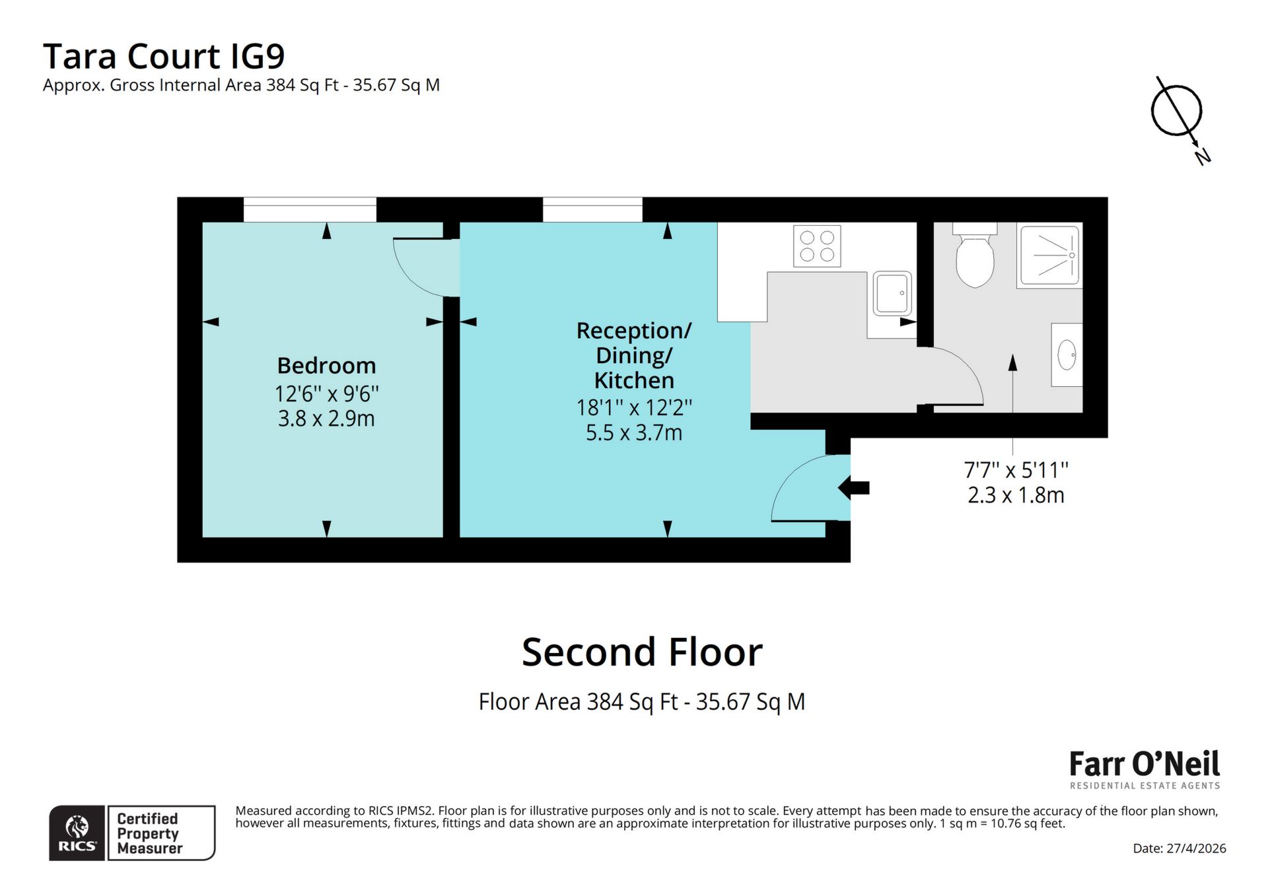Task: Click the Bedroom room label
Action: (326, 365)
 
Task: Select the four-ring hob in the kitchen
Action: (817, 246)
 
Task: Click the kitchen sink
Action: (893, 293)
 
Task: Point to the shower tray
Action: (1049, 256)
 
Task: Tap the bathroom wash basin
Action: (1067, 355)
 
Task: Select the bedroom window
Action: (310, 210)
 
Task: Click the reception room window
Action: (592, 210)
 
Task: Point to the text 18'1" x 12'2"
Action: (634, 407)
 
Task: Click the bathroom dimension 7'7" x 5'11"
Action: (1016, 470)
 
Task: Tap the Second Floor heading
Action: (642, 652)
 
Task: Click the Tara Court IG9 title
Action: (164, 56)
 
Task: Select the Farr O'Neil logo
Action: (1145, 769)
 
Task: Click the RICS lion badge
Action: (77, 833)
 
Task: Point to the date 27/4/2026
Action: (1179, 848)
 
